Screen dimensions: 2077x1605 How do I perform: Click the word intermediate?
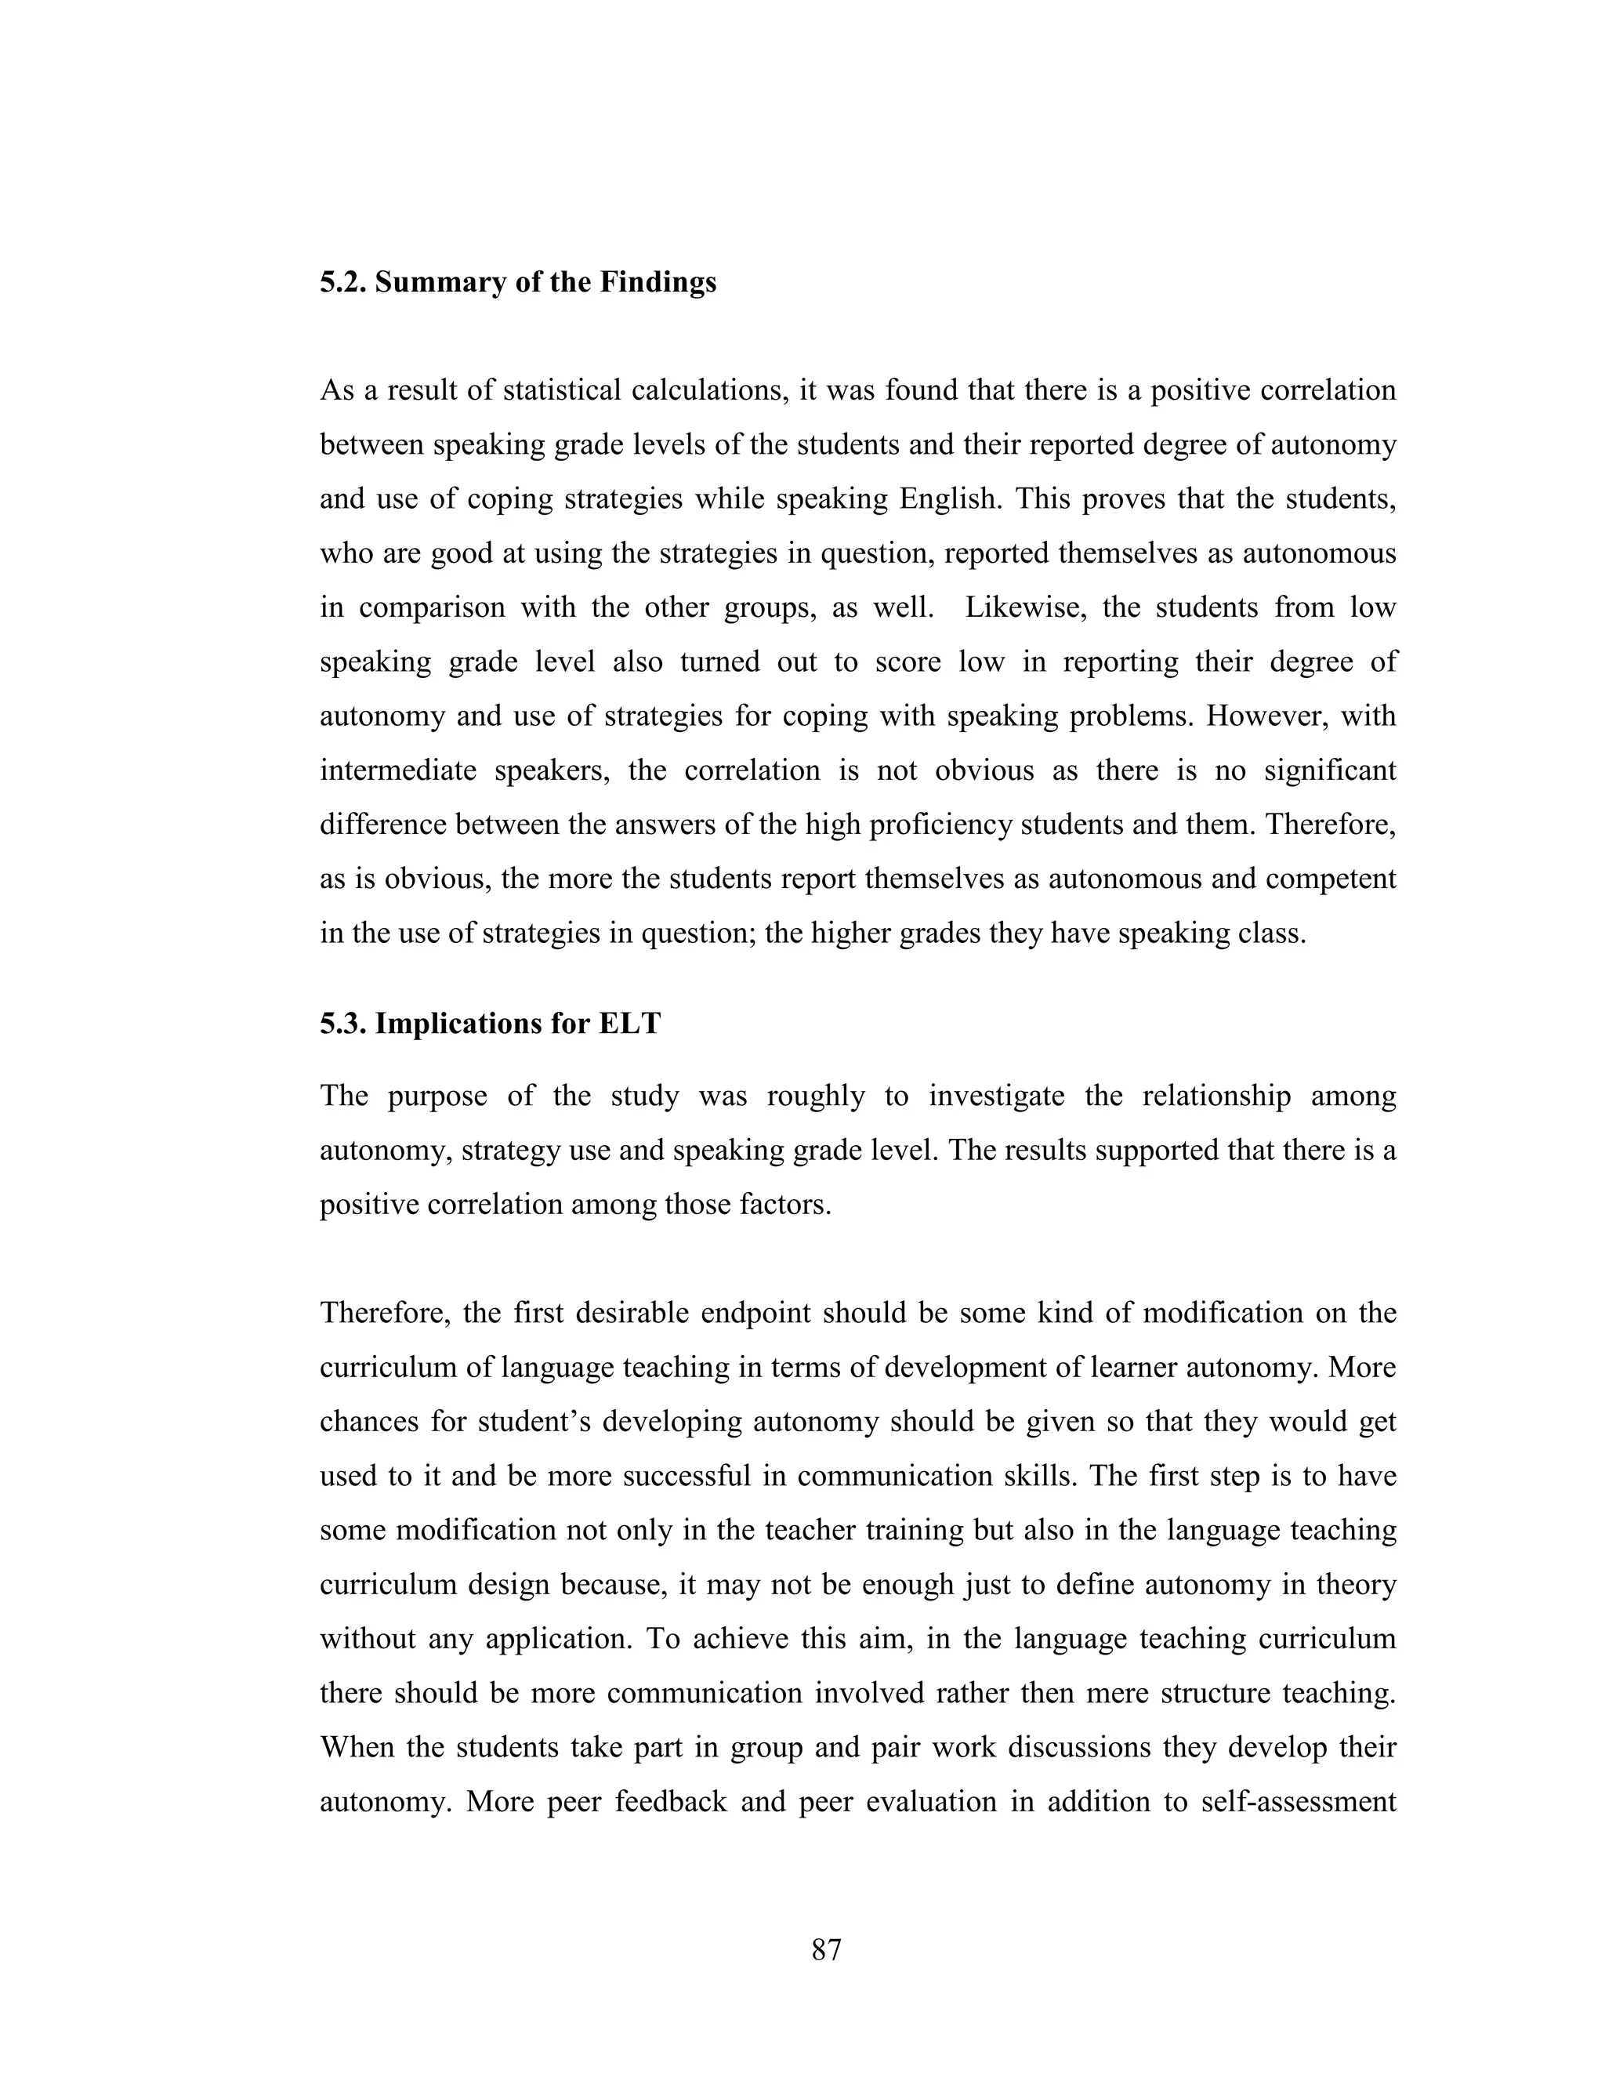click(397, 770)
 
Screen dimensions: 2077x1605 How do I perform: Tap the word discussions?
click(1074, 1747)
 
